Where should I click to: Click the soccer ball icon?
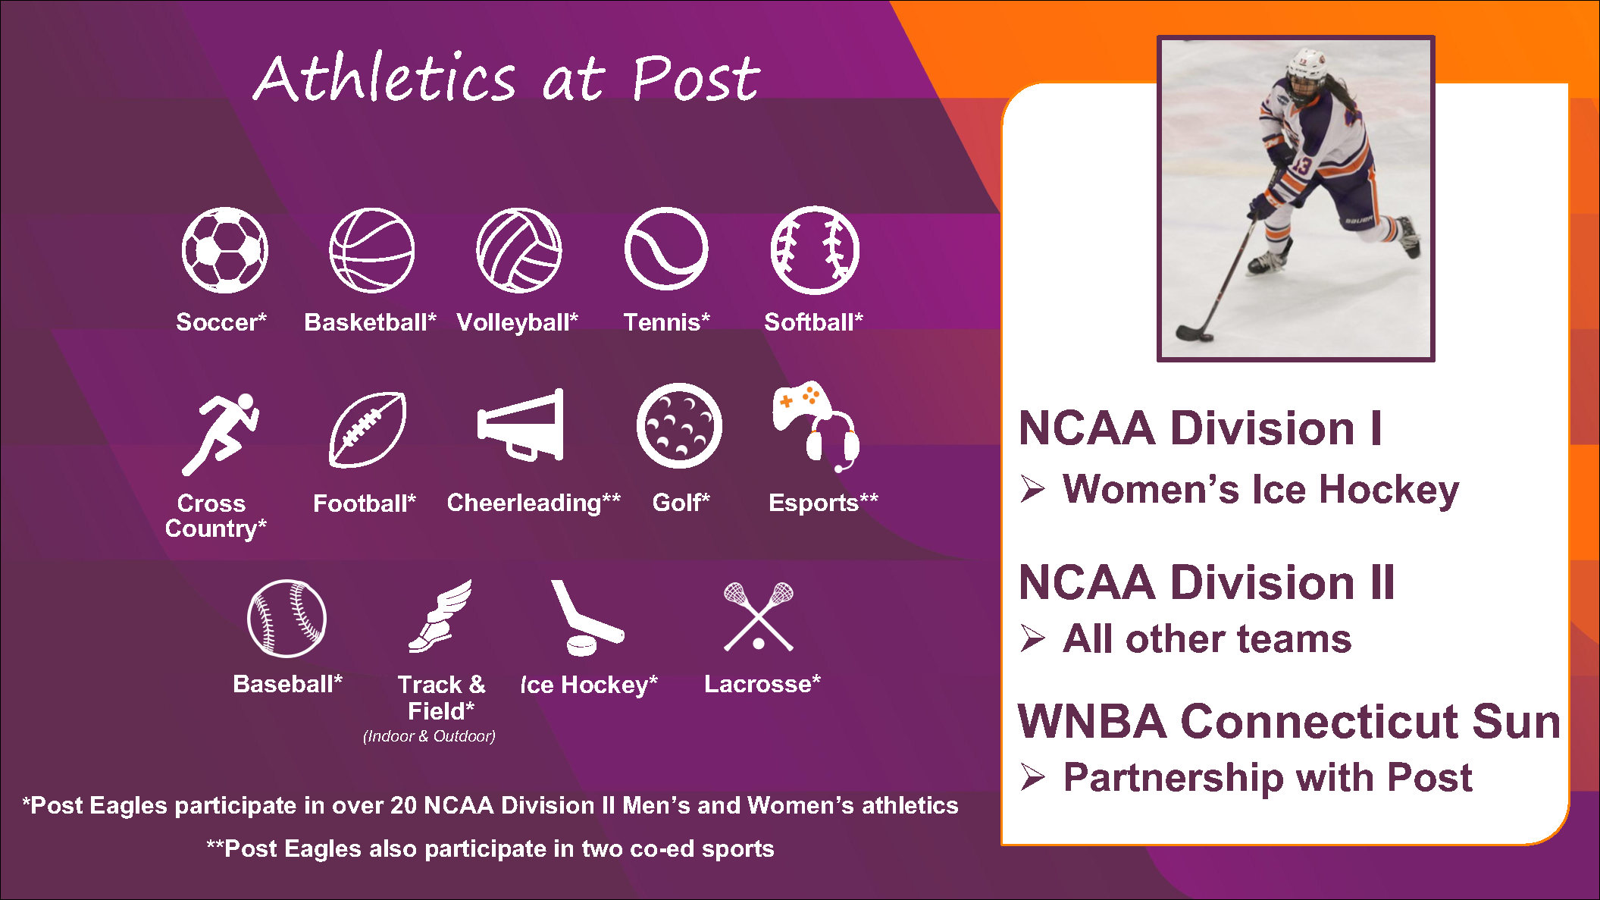225,250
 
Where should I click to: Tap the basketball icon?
372,250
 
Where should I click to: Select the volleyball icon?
519,250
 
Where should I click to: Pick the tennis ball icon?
666,249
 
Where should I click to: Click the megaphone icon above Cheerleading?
521,425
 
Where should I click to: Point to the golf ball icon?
679,425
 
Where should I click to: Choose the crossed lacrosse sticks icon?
759,616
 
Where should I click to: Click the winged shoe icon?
440,616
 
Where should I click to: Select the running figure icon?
221,434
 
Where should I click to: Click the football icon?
368,429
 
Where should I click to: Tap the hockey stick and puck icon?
587,618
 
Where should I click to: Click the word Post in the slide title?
696,78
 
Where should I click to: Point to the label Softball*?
813,322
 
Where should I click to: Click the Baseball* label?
287,684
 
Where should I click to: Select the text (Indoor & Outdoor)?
429,736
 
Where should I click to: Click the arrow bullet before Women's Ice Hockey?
1032,488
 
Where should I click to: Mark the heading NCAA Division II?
1207,582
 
